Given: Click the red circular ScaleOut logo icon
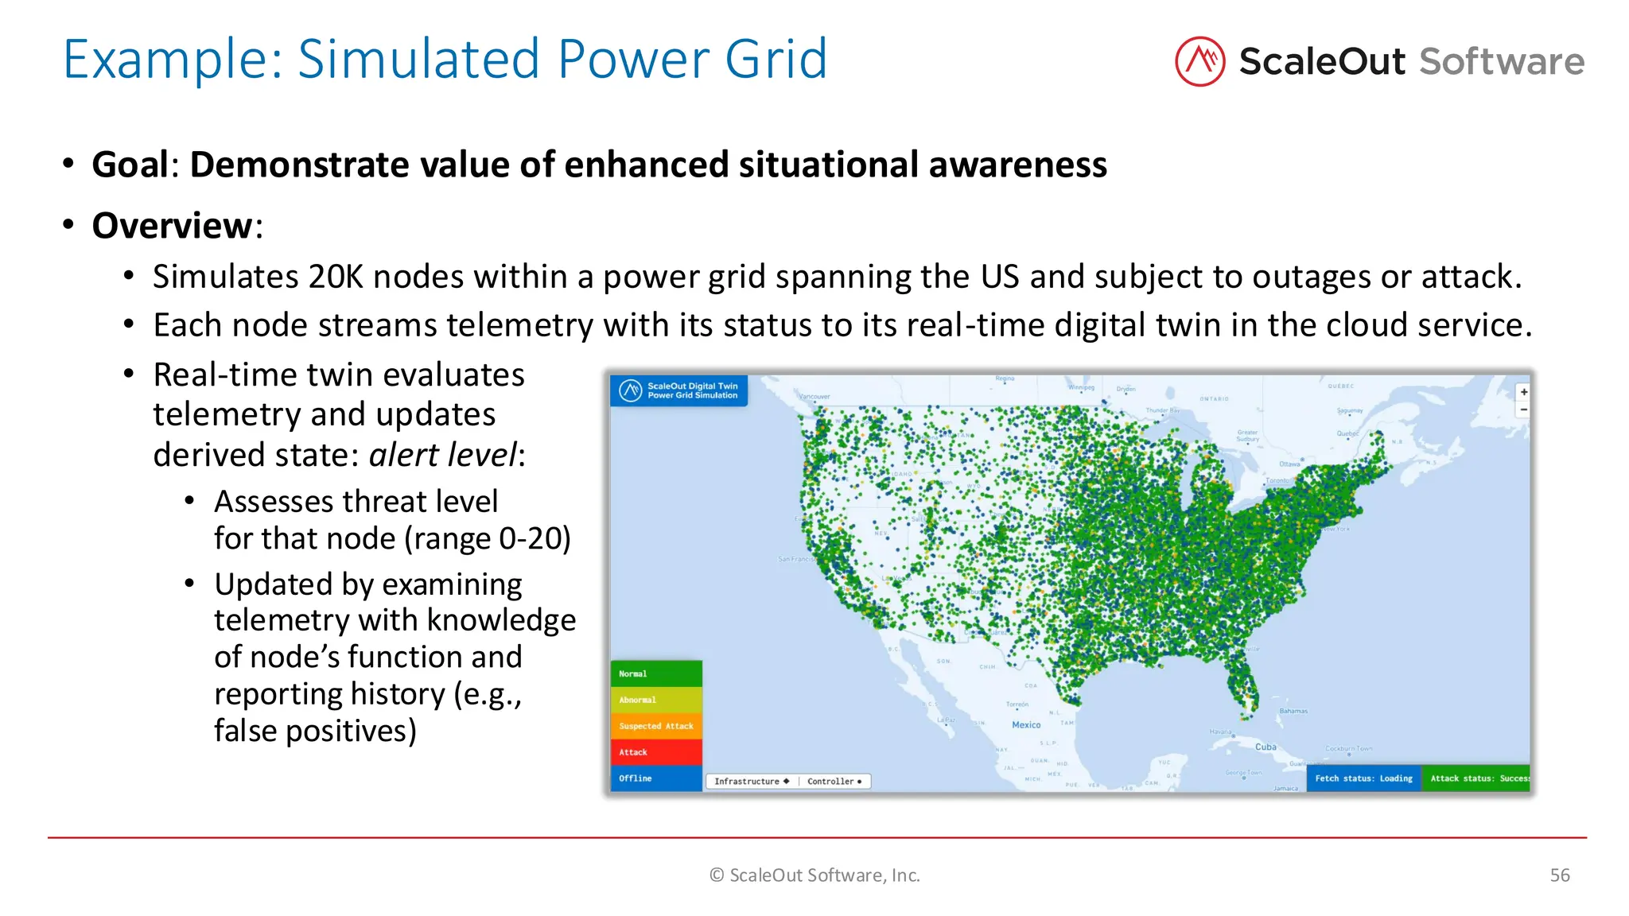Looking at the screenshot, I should (1199, 61).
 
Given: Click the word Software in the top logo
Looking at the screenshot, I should (1502, 61).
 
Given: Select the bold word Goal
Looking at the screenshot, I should (130, 165).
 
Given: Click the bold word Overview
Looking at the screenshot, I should (172, 226).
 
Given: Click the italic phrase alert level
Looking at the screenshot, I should (442, 455).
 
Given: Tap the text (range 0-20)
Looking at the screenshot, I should (488, 538).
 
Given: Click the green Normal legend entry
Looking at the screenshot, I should (656, 673).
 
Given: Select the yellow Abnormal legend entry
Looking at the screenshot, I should (656, 700).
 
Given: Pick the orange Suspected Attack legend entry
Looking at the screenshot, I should (656, 726).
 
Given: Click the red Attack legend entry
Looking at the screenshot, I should (656, 752).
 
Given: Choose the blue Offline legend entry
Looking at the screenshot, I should (656, 778).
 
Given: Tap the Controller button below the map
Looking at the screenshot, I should (834, 782).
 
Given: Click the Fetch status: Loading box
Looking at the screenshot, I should (1363, 778).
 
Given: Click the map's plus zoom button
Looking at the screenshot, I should (1523, 392).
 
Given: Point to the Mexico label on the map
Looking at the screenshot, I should (1026, 724).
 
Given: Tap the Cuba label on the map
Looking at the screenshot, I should (1265, 747).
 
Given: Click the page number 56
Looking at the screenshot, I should (1560, 875).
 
